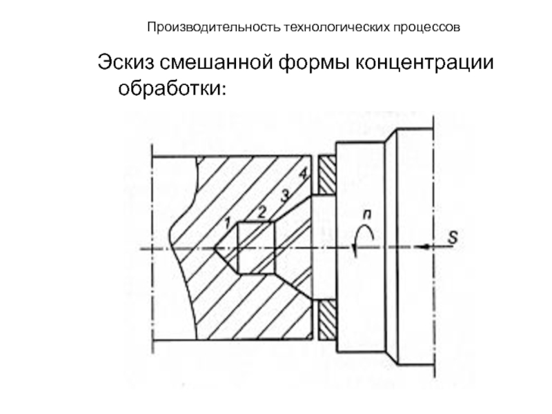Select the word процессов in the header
tap(420, 28)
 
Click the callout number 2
tap(262, 212)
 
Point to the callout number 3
tap(284, 195)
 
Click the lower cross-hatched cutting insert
tap(326, 317)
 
